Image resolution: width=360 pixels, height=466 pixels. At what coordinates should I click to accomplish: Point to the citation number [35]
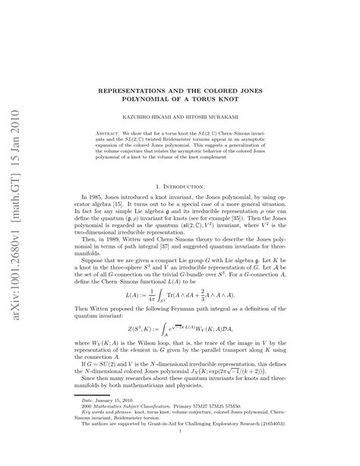[x=271, y=211]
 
